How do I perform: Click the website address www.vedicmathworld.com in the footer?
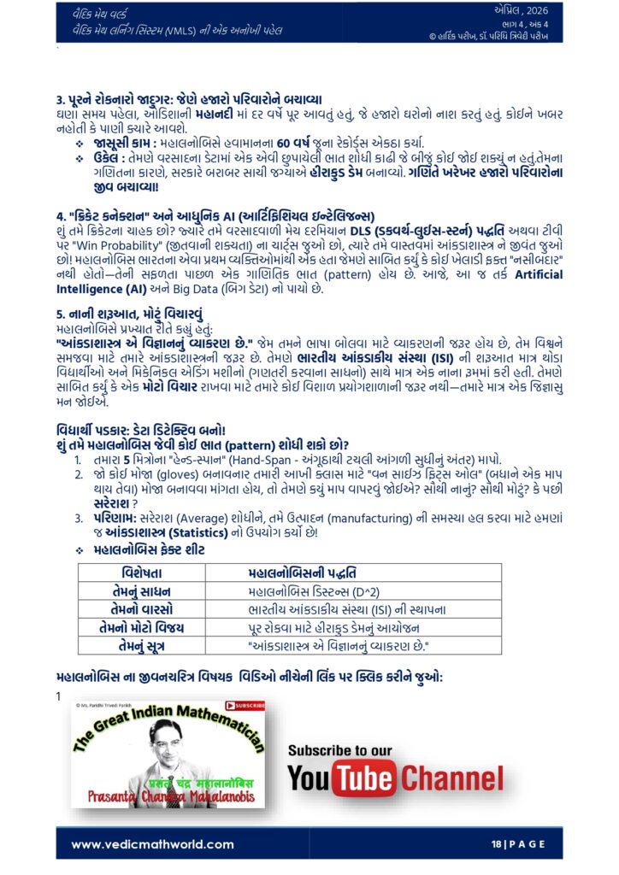(152, 844)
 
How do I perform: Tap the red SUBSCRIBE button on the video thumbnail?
(245, 705)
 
